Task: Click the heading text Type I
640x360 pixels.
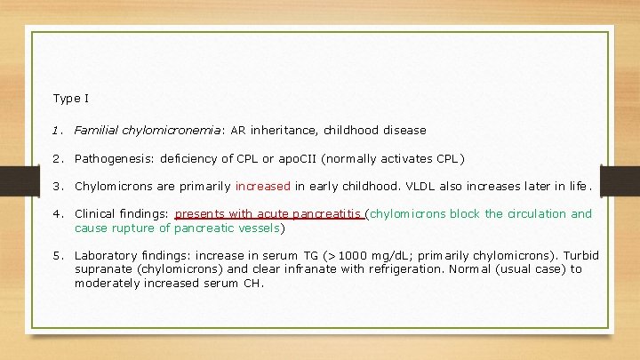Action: (70, 98)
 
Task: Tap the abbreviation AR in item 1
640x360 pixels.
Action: (239, 131)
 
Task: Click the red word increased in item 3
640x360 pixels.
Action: (263, 187)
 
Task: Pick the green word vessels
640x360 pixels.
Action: (258, 228)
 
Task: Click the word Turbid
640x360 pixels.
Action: (581, 256)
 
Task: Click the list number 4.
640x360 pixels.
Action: (56, 214)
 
